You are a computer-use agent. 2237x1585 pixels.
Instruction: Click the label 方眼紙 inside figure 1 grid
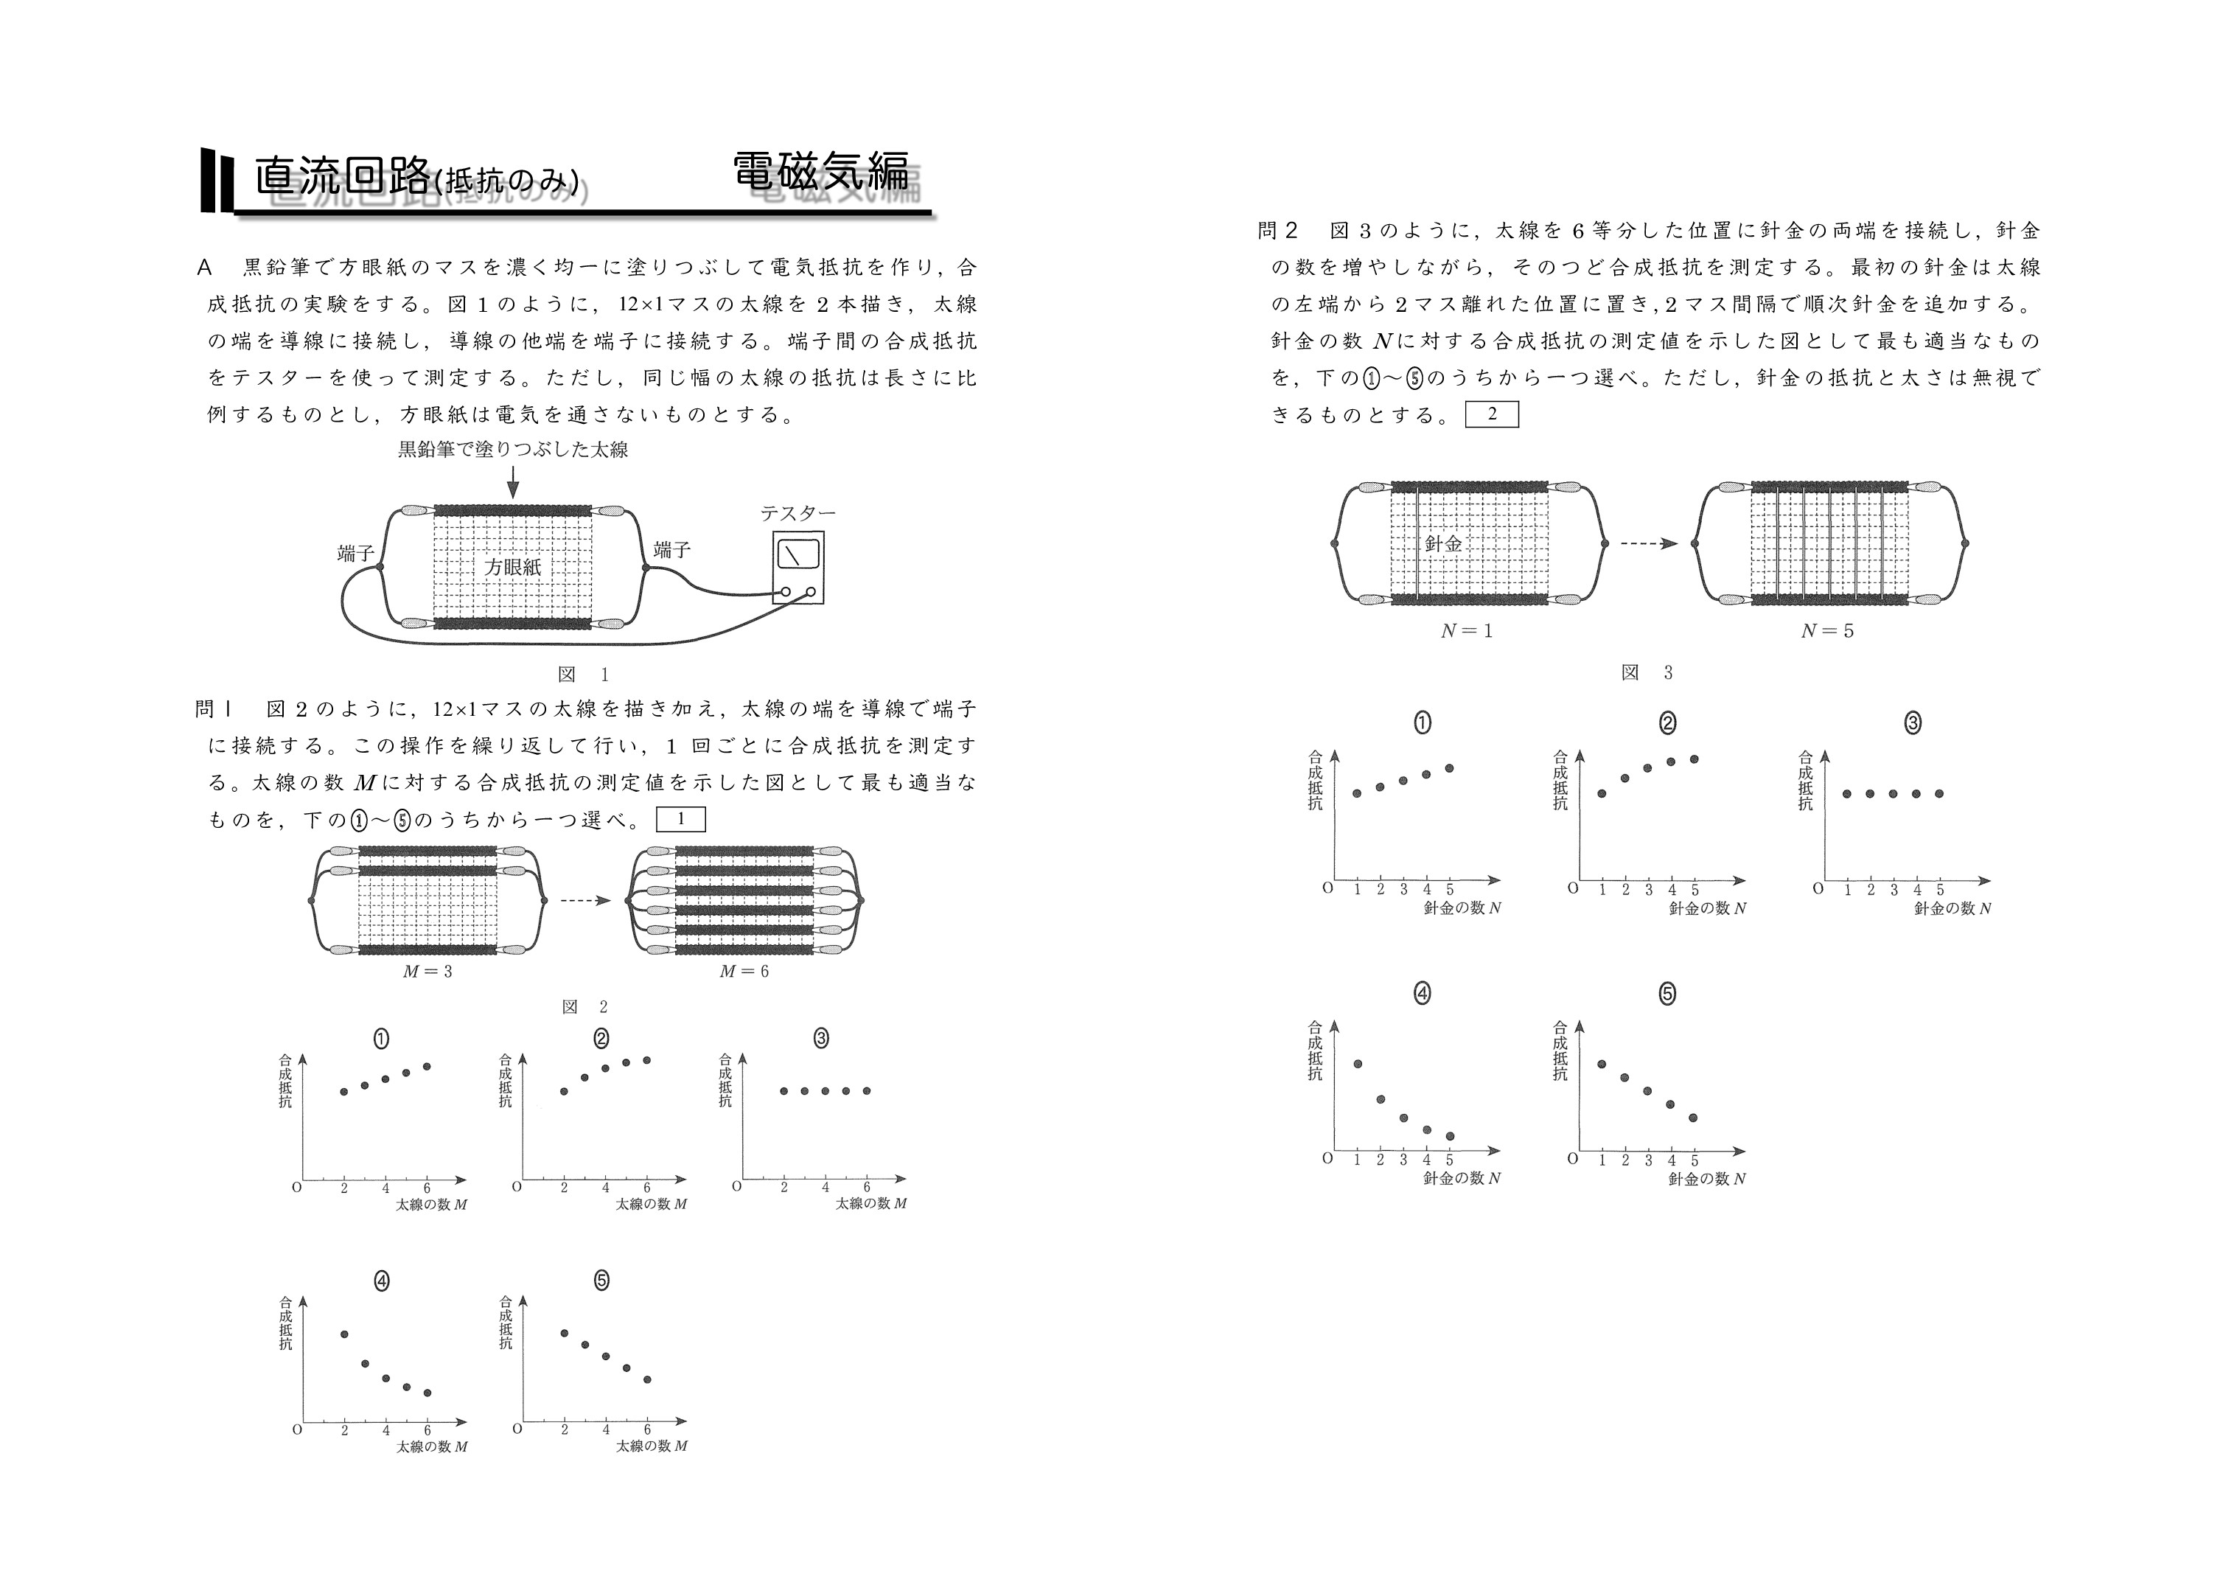512,567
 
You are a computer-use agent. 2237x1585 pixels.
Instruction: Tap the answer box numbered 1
680,820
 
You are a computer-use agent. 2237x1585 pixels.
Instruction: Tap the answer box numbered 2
1492,415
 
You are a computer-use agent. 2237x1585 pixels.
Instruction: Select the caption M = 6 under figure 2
744,971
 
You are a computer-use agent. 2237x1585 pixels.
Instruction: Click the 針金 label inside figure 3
1444,543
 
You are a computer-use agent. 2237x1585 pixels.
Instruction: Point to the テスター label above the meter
798,513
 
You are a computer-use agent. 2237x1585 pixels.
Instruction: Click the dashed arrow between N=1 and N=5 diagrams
1648,543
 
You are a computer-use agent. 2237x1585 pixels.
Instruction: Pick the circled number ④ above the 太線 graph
382,1281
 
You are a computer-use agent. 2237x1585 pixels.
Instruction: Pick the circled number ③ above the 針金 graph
1912,723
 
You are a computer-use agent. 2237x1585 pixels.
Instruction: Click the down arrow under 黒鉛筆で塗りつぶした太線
513,482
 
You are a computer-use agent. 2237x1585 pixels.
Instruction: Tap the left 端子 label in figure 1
355,554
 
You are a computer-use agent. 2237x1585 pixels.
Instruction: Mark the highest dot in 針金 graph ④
1357,1064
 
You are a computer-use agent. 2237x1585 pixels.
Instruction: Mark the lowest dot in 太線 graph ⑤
647,1379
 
